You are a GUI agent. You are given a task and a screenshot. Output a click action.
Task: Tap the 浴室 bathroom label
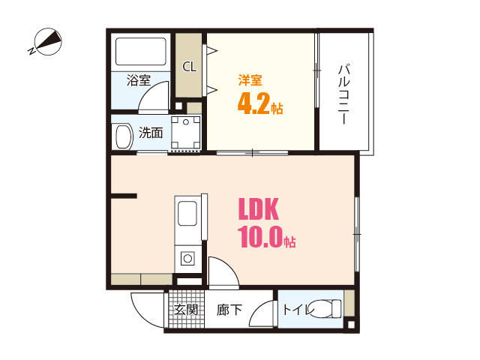[139, 80]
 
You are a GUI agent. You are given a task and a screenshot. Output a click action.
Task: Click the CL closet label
[190, 66]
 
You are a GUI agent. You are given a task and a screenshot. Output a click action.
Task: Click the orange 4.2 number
[253, 104]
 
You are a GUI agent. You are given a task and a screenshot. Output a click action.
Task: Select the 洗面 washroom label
[150, 133]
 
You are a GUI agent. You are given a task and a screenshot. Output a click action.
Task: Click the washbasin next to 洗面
[121, 136]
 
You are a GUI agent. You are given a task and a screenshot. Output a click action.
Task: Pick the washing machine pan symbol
[185, 133]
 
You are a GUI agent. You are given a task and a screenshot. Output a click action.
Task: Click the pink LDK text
[259, 208]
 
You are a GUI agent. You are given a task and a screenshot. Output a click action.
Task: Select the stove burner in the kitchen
[186, 259]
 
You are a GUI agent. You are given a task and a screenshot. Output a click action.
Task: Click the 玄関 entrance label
[186, 309]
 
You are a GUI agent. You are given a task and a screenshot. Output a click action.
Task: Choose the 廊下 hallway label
[229, 309]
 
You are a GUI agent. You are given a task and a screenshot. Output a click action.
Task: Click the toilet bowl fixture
[325, 308]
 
